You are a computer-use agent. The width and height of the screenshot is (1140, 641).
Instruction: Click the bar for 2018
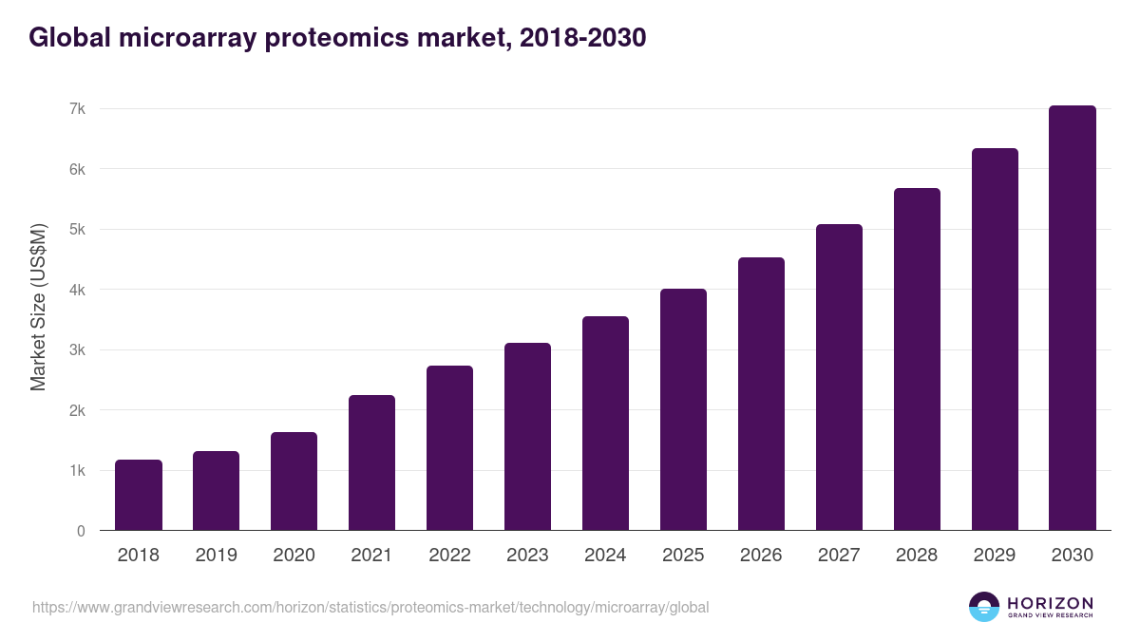(x=139, y=495)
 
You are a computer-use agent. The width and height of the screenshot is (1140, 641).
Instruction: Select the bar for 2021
(x=371, y=462)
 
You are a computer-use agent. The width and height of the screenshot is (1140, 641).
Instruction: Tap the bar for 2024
(x=605, y=424)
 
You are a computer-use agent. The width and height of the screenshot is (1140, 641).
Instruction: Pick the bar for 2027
(x=839, y=377)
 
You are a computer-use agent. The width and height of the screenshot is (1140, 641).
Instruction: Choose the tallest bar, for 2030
(x=1073, y=318)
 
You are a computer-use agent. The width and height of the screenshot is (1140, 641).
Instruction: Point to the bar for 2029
(x=995, y=339)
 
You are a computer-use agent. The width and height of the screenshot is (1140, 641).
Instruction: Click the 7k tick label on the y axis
(x=77, y=109)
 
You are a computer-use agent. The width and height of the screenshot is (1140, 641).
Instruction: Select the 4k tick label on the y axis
(x=77, y=290)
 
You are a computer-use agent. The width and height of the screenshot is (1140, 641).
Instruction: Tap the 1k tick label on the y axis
(x=77, y=471)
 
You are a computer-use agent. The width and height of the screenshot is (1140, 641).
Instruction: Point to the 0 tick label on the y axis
(x=81, y=531)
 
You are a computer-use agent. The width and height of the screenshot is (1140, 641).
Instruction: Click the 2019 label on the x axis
(x=217, y=556)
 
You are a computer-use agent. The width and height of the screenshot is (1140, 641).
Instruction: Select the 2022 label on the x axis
(x=449, y=556)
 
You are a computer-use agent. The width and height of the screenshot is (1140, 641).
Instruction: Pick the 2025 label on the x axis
(x=683, y=556)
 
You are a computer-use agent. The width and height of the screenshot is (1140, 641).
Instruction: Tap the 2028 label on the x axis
(x=917, y=556)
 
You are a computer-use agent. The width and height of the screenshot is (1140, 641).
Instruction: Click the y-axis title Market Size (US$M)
(x=38, y=307)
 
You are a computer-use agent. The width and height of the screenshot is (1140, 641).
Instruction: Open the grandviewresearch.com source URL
(x=370, y=607)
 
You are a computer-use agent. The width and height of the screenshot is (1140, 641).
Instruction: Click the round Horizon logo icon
(x=984, y=607)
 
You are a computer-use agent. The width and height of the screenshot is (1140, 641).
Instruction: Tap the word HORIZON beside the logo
(x=1050, y=602)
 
